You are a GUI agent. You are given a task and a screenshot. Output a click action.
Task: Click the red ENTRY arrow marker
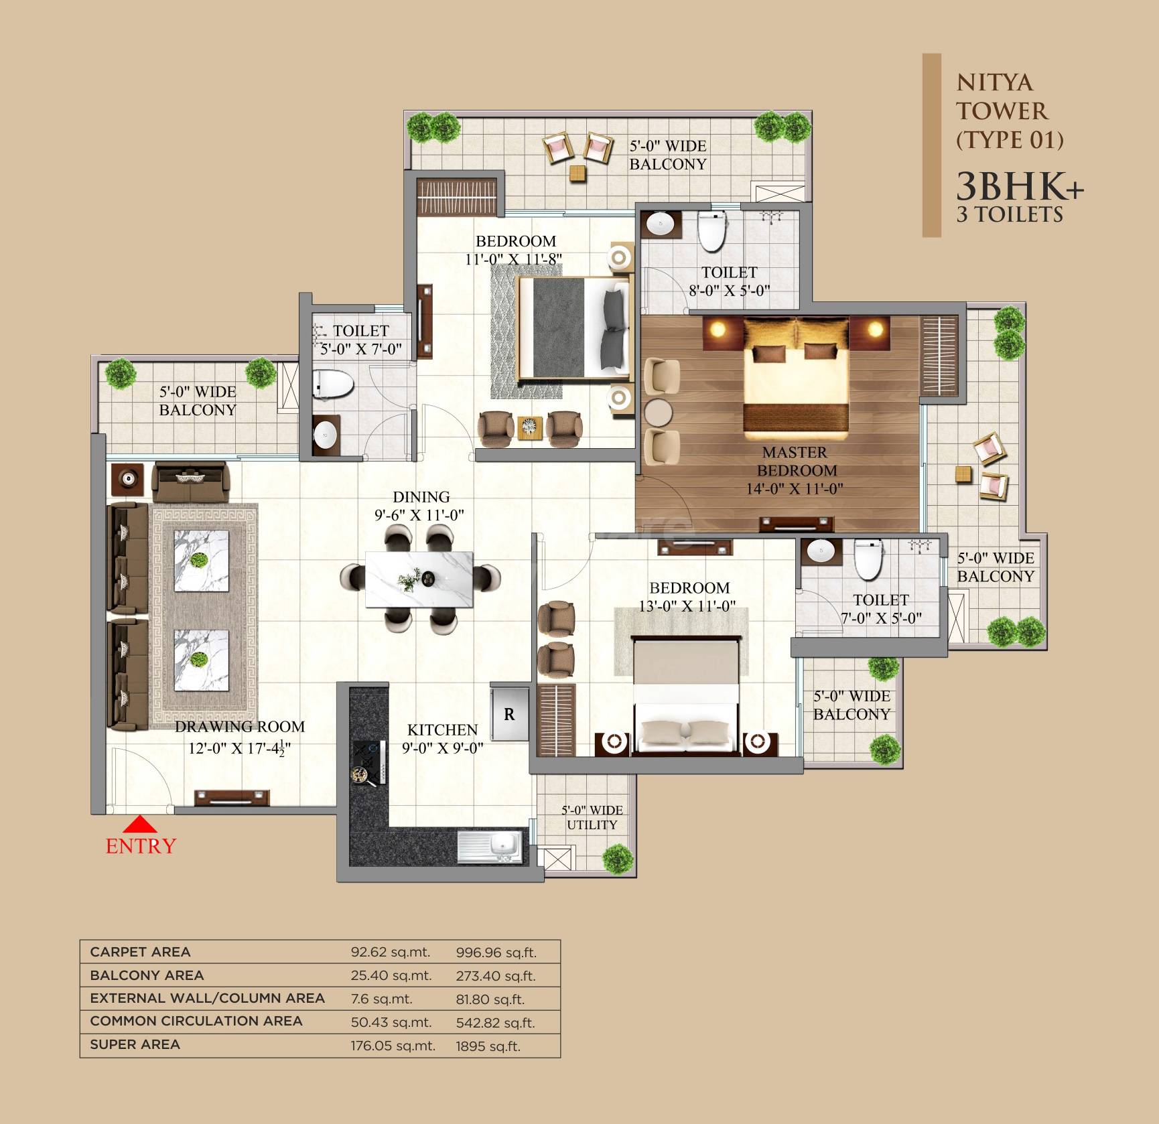coord(140,824)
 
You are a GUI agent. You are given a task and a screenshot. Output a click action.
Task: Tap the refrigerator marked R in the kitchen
coord(509,714)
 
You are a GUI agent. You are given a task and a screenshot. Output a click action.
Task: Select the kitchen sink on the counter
coord(491,847)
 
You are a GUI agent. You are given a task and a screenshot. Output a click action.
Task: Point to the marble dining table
coord(419,579)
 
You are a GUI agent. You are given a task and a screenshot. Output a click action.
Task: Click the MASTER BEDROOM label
coord(795,462)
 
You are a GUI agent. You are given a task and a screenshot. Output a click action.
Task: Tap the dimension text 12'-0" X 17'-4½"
coord(239,748)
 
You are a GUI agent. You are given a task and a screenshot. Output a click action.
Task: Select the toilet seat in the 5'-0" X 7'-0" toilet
coord(333,384)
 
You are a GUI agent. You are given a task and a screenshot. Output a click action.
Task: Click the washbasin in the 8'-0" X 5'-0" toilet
coord(661,223)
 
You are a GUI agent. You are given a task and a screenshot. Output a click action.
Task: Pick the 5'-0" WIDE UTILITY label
coord(592,817)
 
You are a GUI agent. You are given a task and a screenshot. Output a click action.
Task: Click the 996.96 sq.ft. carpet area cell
coord(496,953)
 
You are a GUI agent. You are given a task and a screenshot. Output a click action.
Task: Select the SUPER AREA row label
coord(135,1044)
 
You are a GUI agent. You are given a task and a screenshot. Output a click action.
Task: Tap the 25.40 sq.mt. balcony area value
coord(391,975)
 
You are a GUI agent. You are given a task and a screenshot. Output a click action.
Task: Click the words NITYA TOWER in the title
coord(1001,97)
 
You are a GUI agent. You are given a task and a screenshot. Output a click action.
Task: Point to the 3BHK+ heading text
coord(1019,186)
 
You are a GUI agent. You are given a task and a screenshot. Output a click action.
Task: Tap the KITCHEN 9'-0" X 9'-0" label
coord(442,738)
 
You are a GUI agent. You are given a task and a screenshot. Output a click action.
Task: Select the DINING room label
coord(421,497)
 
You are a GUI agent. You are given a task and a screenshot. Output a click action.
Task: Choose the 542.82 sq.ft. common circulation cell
coord(495,1023)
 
